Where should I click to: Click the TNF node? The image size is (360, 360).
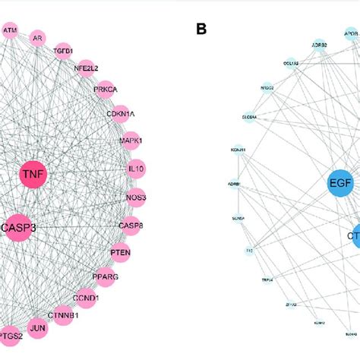[x=33, y=175]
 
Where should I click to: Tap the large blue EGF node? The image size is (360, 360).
[x=341, y=183]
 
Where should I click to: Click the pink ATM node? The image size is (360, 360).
[x=10, y=31]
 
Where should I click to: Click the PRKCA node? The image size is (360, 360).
[x=105, y=89]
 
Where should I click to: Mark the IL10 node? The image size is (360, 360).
[x=135, y=169]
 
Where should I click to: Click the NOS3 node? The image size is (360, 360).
[x=136, y=197]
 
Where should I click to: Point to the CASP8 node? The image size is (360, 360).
[x=131, y=225]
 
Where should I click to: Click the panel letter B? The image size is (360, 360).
[x=201, y=30]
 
